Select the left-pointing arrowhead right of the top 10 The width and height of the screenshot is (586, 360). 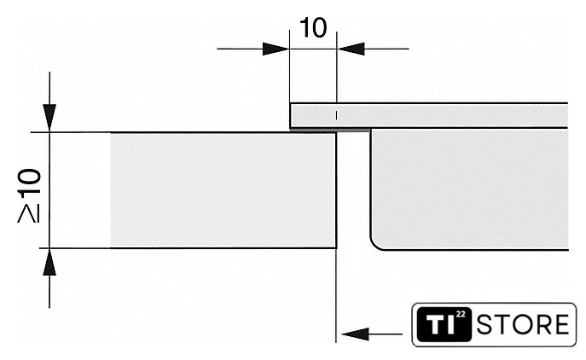point(351,49)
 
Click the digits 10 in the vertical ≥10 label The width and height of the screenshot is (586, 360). point(29,185)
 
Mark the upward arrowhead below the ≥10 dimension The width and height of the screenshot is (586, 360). point(50,262)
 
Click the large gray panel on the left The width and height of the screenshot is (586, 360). point(222,190)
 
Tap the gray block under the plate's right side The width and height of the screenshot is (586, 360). point(469,188)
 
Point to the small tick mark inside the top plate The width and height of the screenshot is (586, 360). point(337,114)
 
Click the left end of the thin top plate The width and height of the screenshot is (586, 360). point(293,115)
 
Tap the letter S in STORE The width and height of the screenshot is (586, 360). point(485,325)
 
